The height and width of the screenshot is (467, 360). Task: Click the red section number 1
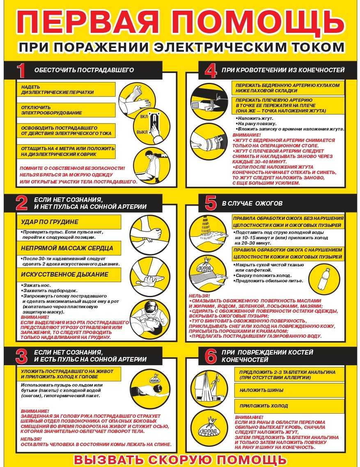(21, 71)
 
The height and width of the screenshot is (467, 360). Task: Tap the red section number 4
(211, 71)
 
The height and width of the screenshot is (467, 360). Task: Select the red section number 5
(211, 204)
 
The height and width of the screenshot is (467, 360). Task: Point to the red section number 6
(211, 356)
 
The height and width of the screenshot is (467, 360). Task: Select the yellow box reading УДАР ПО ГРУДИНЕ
(69, 222)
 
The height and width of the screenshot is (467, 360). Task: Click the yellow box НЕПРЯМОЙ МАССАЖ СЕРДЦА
(69, 248)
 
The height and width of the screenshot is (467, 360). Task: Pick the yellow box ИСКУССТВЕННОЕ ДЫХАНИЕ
(69, 274)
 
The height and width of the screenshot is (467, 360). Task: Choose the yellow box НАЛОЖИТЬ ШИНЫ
(289, 390)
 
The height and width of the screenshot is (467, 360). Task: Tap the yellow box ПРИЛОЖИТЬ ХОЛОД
(289, 406)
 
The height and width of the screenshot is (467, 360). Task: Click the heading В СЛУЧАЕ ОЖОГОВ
(252, 204)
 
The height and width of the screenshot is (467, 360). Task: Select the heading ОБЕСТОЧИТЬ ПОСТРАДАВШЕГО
(84, 70)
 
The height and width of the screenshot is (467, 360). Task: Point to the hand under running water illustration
(208, 233)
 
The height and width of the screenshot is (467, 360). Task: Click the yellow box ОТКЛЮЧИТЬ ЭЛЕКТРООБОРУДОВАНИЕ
(66, 110)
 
